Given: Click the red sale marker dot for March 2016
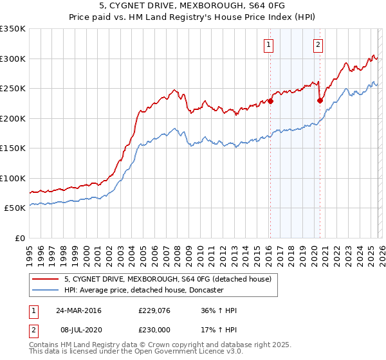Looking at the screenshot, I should point(270,101).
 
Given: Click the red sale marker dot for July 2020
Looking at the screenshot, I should point(320,100).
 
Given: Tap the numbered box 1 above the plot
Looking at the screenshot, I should point(268,44).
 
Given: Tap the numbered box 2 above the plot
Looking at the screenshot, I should point(318,44).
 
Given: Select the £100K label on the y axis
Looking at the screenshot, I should point(13,178).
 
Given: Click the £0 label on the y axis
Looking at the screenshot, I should point(19,238).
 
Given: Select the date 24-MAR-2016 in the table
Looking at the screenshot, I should point(78,310).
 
